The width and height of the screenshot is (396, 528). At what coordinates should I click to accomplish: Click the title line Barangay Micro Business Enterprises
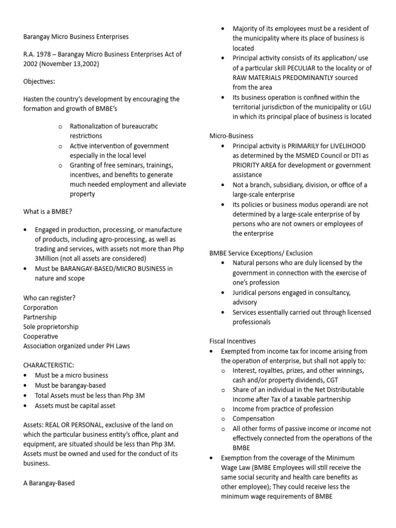coord(76,37)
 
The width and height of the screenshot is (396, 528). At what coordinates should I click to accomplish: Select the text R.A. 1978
coord(38,54)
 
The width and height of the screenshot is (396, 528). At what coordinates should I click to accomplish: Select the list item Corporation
coord(41,308)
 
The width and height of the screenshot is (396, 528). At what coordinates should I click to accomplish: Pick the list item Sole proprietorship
coord(51,327)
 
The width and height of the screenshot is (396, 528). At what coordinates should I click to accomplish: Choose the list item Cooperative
coord(41,337)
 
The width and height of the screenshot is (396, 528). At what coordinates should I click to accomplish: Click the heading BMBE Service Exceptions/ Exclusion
coord(260,253)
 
